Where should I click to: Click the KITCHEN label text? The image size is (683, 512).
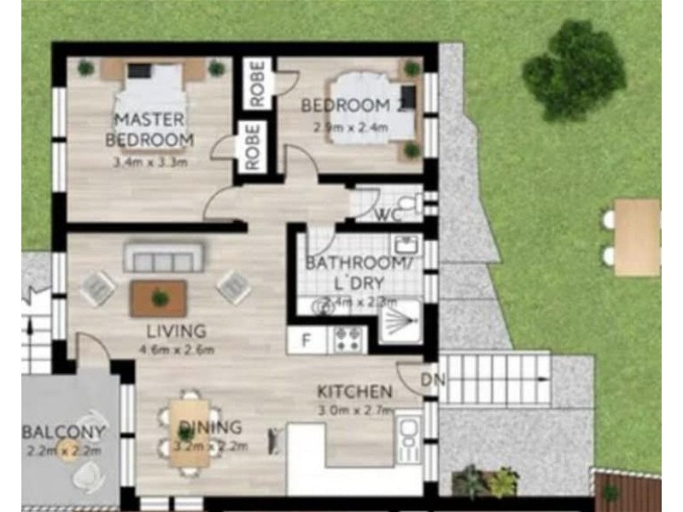click(354, 392)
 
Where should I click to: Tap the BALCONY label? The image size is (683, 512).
click(65, 431)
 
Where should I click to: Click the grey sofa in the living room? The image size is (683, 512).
click(163, 257)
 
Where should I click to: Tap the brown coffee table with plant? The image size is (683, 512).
click(159, 298)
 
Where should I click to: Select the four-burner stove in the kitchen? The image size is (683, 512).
click(348, 340)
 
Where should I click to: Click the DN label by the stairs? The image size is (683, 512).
click(430, 381)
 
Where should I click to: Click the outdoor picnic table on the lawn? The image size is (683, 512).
click(637, 237)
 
